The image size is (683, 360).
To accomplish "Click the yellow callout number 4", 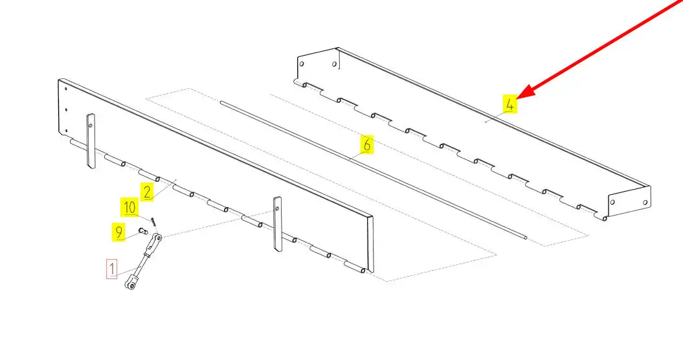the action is pyautogui.click(x=509, y=104).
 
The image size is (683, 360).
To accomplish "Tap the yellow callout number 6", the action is pyautogui.click(x=367, y=144).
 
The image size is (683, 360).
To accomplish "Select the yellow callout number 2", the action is pyautogui.click(x=147, y=192).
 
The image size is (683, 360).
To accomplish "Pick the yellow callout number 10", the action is pyautogui.click(x=129, y=207).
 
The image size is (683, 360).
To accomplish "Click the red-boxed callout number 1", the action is pyautogui.click(x=112, y=269).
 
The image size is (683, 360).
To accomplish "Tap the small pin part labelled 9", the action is pyautogui.click(x=142, y=231).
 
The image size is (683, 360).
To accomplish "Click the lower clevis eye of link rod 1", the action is pyautogui.click(x=130, y=286).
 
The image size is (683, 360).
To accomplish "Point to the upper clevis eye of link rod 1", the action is pyautogui.click(x=158, y=238).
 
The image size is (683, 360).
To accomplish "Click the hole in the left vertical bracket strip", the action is pyautogui.click(x=90, y=126).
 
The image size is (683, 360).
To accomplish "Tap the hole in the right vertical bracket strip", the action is pyautogui.click(x=276, y=208).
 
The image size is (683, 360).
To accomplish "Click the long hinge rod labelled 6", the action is pyautogui.click(x=374, y=170).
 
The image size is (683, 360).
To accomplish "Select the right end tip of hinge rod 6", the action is pyautogui.click(x=526, y=238).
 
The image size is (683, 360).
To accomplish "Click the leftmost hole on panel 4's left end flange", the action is pyautogui.click(x=302, y=64).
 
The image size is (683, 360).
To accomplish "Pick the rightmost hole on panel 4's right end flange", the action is pyautogui.click(x=645, y=203).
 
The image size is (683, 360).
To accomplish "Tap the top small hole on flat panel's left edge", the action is pyautogui.click(x=66, y=89).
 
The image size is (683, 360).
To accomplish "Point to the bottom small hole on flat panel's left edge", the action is pyautogui.click(x=66, y=130).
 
